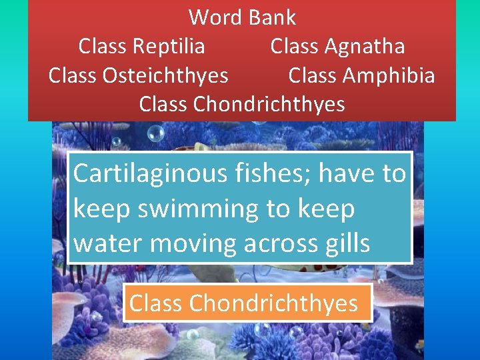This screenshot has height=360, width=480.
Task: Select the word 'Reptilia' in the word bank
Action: pos(169,46)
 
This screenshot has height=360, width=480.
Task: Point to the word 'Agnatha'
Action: pos(365,46)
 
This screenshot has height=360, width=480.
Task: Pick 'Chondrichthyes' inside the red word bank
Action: pos(269,105)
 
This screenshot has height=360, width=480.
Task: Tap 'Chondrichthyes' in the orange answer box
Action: pos(273,303)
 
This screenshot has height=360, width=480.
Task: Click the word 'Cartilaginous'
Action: pos(151,173)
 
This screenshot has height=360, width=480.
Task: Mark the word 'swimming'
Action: pos(193,209)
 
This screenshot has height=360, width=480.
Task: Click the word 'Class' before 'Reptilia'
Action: pos(105,46)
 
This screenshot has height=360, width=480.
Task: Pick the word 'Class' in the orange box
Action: pos(157,303)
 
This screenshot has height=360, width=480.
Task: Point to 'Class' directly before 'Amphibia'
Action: pos(314,75)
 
